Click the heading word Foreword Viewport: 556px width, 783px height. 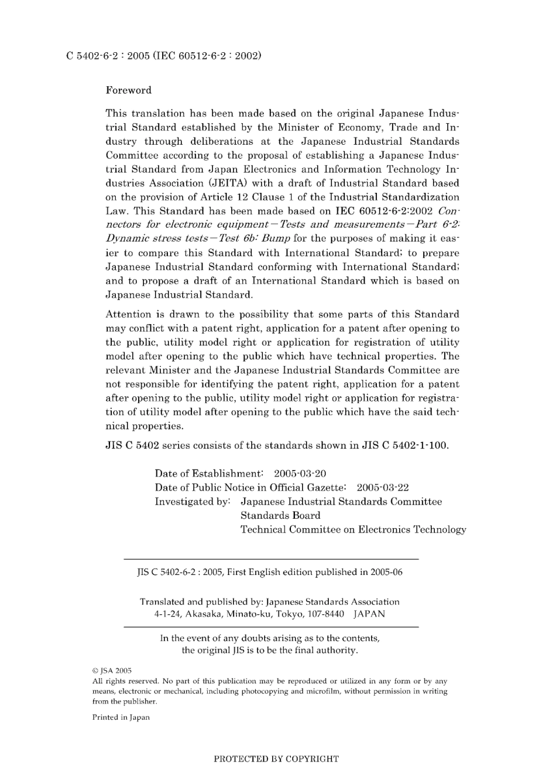pos(128,90)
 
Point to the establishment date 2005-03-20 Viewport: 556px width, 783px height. pos(300,474)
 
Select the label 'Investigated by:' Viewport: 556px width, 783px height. pos(193,502)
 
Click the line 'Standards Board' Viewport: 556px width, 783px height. pos(280,516)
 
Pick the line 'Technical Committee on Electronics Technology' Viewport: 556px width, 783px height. pos(353,530)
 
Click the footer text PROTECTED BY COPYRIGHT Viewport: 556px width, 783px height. pos(276,759)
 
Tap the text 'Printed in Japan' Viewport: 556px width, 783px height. pos(121,717)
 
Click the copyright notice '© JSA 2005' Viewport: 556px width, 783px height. pos(112,670)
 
